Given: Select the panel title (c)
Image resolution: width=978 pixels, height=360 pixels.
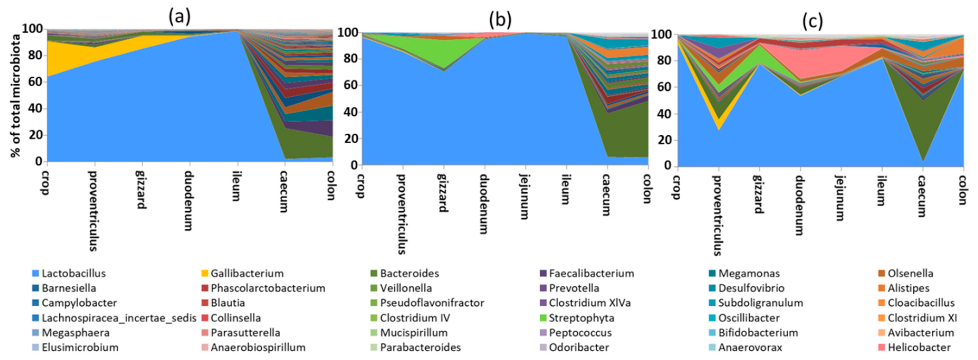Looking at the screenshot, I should [812, 21].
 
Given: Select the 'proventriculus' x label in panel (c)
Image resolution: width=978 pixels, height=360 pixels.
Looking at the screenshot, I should [717, 215].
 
